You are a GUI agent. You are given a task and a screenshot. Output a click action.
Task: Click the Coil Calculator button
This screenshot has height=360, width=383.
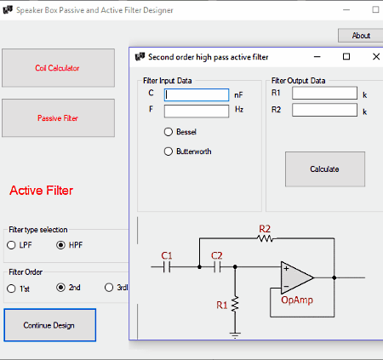[58, 68]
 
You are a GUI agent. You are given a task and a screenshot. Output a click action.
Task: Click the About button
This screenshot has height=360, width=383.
[361, 36]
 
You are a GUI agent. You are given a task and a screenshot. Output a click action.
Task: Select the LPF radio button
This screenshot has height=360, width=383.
[11, 245]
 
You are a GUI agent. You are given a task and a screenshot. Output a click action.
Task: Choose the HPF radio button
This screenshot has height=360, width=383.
[60, 245]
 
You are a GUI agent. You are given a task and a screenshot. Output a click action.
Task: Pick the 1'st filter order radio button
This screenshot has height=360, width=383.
[11, 289]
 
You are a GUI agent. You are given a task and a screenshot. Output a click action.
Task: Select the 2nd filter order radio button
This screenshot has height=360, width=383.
[60, 288]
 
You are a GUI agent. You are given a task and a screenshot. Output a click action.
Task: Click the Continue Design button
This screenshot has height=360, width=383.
[50, 325]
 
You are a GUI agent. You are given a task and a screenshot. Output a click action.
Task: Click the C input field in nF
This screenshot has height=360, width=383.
[197, 94]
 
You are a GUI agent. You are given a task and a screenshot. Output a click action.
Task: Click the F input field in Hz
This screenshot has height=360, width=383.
[197, 111]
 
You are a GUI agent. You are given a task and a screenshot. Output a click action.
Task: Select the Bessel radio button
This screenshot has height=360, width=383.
[169, 132]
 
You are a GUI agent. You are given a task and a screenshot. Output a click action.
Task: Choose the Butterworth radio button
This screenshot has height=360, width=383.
[169, 151]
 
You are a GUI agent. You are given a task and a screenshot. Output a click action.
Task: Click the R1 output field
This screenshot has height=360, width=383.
[324, 93]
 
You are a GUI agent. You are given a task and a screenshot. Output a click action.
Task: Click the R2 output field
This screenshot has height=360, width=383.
[324, 110]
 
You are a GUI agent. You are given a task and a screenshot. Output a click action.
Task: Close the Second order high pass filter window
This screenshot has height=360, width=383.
[376, 57]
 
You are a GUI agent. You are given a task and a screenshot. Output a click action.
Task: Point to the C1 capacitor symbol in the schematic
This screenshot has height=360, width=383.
[167, 267]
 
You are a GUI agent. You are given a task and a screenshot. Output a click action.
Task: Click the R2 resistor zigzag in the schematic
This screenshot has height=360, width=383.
[265, 238]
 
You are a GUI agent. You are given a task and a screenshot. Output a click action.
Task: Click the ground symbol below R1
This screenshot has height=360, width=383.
[235, 335]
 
